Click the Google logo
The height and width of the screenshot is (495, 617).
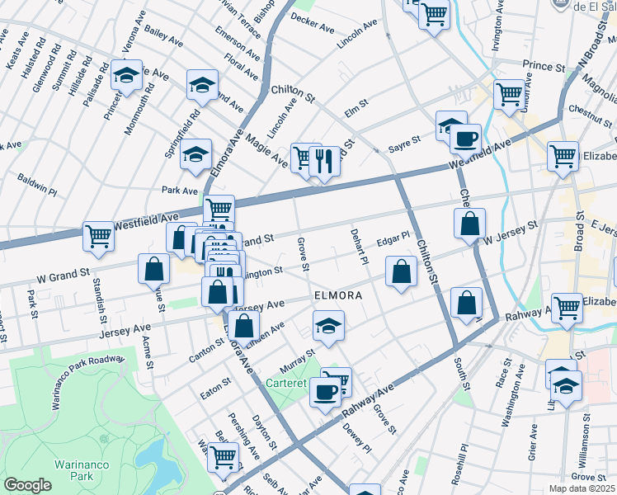[27, 485]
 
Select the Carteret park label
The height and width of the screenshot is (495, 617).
[290, 383]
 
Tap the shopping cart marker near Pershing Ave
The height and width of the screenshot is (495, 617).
[223, 455]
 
